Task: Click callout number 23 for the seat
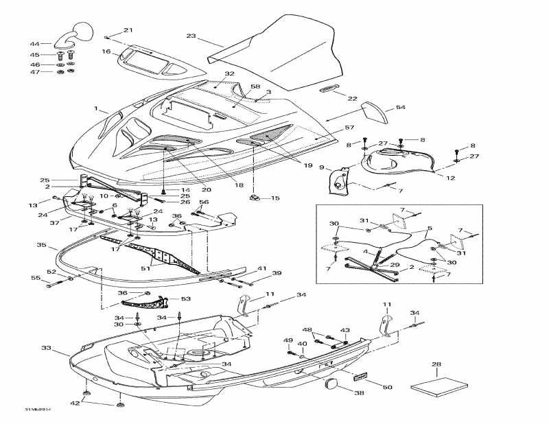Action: point(191,36)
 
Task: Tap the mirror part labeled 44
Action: point(77,33)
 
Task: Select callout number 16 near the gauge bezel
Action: point(106,51)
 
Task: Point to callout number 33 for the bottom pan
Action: point(46,349)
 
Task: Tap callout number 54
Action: point(401,108)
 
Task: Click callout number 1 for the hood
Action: point(97,108)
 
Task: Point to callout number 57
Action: point(349,128)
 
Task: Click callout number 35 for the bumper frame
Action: point(41,245)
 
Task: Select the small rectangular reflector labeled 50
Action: point(360,377)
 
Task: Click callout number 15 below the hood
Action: point(275,198)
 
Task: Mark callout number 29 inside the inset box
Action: point(396,264)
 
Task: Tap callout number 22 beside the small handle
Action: point(352,99)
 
